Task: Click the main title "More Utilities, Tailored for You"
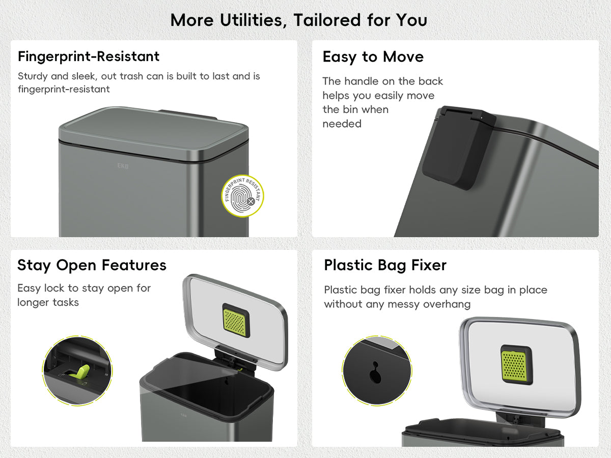(299, 20)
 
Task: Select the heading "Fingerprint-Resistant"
(89, 56)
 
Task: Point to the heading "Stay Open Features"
(92, 265)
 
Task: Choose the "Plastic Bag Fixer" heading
(385, 265)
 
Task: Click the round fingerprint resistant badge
(242, 196)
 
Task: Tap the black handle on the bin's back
(458, 148)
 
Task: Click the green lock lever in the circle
(81, 371)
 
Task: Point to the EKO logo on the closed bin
(123, 166)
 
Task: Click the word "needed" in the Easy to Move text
(342, 124)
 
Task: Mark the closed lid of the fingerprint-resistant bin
(154, 133)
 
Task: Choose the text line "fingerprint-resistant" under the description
(64, 90)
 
